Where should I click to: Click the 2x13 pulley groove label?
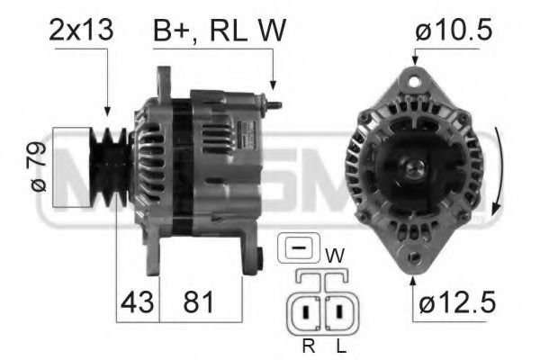[82, 31]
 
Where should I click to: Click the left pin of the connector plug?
[307, 313]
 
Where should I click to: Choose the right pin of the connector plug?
[341, 313]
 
